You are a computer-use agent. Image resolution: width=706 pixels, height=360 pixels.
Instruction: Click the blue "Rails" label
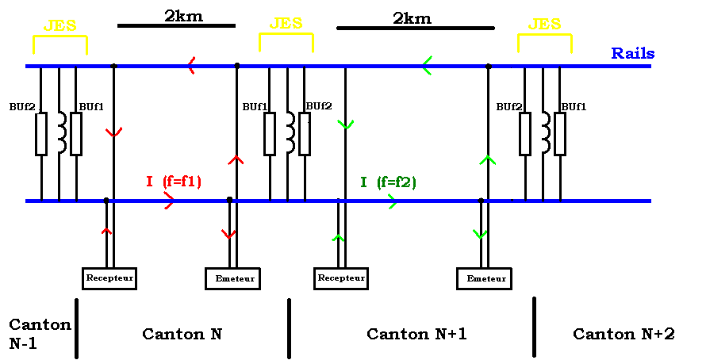[632, 54]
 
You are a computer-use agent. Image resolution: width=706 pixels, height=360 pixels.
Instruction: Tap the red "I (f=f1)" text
[173, 182]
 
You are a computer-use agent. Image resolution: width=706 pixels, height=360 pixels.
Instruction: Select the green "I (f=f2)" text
[388, 182]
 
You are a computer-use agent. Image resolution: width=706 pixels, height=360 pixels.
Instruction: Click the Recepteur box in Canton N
[109, 278]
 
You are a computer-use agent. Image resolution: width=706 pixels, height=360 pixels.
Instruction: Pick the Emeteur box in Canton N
[234, 278]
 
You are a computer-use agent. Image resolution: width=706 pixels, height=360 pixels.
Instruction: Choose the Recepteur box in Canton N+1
[341, 278]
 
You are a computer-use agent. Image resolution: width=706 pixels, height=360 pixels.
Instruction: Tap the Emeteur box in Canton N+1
[485, 278]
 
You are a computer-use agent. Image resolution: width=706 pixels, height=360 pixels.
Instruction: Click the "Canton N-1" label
[40, 334]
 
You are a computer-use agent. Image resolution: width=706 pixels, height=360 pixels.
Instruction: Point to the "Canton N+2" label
[624, 334]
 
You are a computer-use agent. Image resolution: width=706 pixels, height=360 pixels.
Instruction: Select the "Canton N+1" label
[416, 334]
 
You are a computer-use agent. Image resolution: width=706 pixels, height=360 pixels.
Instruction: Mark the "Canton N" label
[182, 334]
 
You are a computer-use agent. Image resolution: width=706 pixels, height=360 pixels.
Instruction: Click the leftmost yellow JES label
[59, 25]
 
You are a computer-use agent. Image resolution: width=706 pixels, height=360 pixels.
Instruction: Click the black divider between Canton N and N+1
[289, 327]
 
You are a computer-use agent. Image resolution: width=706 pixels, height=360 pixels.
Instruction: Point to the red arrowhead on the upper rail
[191, 66]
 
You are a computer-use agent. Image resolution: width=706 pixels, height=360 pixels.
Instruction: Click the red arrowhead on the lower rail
[168, 201]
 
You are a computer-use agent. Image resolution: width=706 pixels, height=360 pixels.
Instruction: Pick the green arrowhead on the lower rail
[391, 201]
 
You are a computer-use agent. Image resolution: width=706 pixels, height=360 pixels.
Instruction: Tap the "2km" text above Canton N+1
[412, 17]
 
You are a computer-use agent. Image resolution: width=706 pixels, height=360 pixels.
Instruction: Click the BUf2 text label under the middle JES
[318, 105]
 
